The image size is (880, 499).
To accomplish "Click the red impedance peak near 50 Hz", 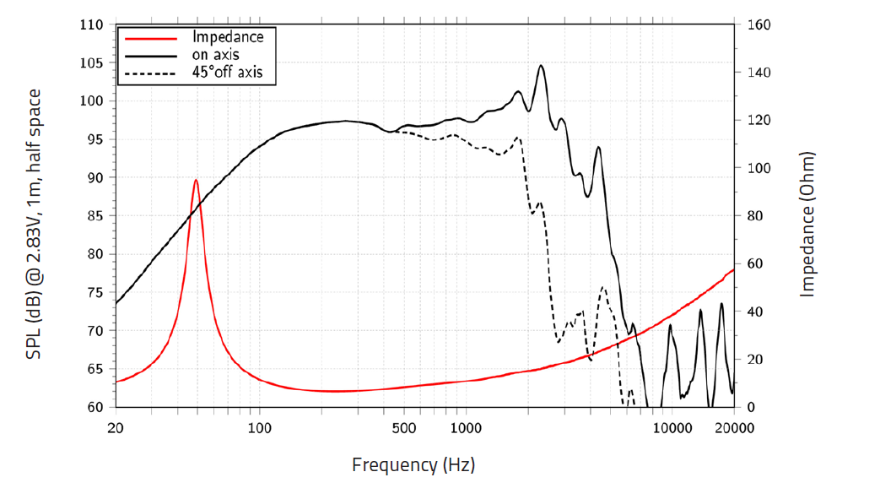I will (196, 180).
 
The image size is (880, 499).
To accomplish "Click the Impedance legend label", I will (228, 37).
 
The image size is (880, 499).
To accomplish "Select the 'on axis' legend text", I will (216, 55).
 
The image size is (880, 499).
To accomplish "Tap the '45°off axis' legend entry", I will (228, 73).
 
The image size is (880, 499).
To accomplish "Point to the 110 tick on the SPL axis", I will (91, 25).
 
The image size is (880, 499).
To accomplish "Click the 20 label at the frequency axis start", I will (116, 428).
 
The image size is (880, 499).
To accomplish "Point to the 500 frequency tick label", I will (404, 428).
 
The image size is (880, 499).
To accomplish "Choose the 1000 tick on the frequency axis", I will (467, 428).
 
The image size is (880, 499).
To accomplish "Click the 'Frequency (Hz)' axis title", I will (413, 464).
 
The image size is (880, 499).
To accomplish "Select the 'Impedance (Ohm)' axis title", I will (807, 225).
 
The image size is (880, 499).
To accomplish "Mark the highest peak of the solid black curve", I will (542, 65).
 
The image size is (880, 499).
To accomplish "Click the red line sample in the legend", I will (150, 38).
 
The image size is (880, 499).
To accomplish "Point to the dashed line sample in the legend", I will (150, 73).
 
